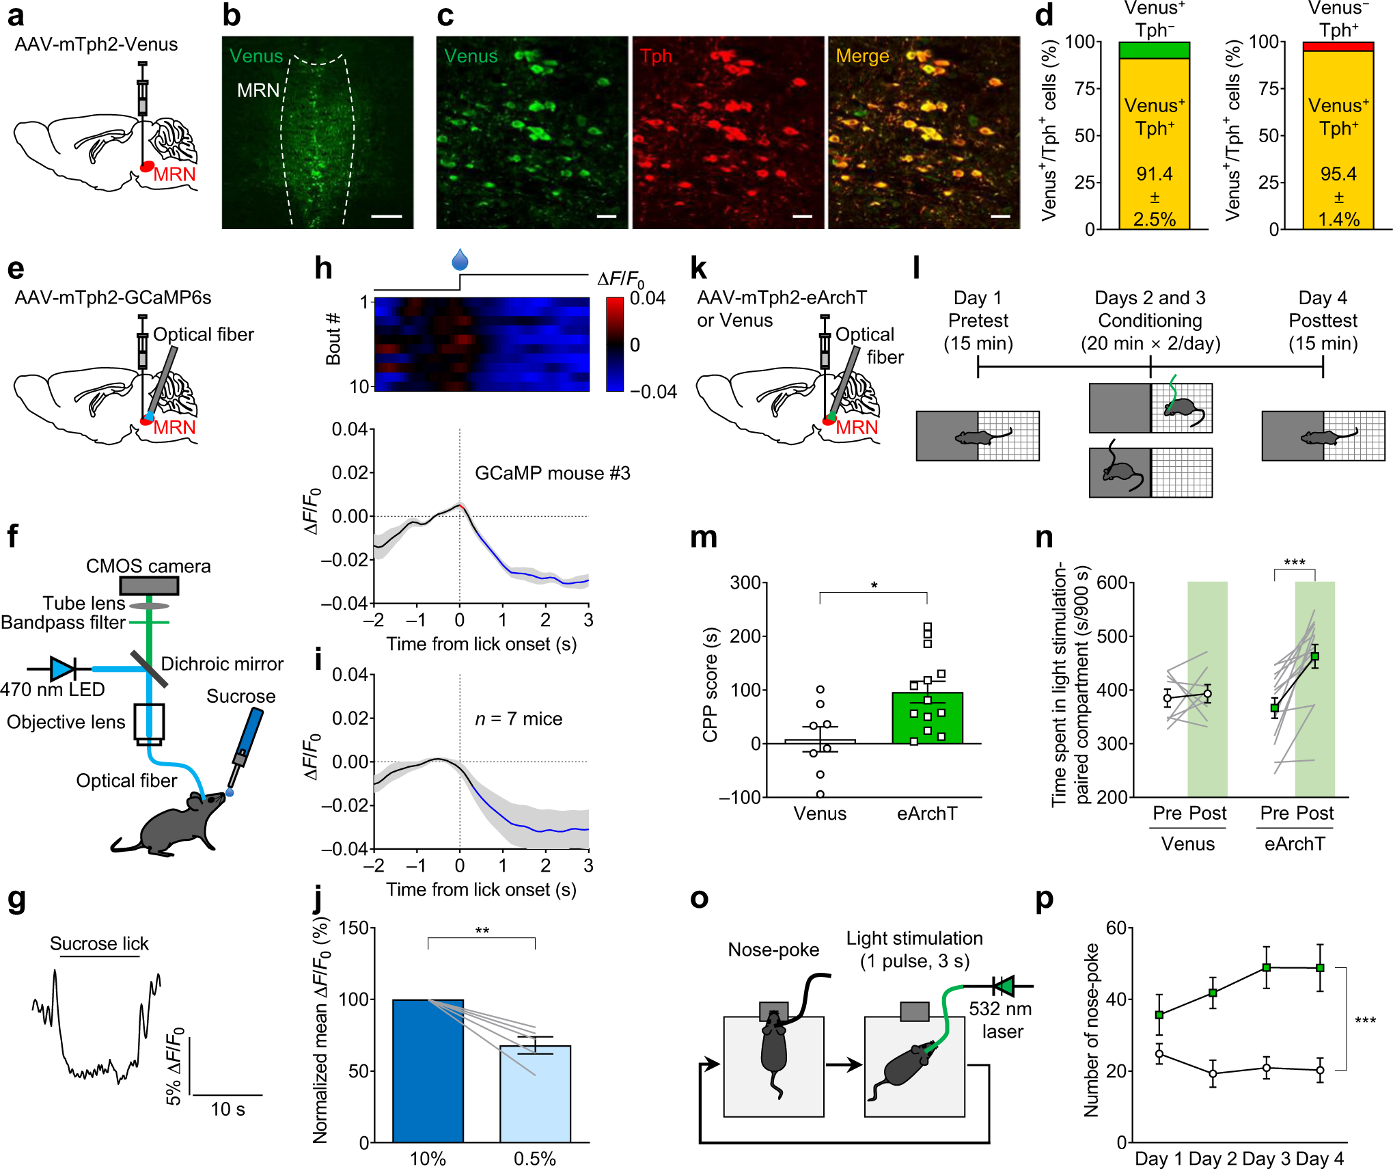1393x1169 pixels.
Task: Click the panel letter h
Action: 323,269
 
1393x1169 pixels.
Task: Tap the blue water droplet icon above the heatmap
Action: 460,260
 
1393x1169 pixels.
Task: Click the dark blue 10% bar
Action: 428,1070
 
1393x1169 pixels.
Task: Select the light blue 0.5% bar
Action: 535,1094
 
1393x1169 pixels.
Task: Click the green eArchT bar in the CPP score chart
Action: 927,718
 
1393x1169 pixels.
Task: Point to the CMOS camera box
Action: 149,586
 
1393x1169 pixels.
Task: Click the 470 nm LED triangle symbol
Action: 62,669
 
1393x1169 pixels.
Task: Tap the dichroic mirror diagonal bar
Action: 149,669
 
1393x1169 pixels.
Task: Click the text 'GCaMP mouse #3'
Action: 552,473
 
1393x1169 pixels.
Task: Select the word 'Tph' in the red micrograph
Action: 656,56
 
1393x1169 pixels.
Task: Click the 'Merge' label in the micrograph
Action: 862,56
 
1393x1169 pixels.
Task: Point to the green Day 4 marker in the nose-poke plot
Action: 1320,968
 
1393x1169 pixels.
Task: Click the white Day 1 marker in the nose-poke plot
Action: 1159,1054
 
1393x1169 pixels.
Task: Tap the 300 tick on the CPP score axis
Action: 745,583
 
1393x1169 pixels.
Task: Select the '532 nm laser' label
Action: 1001,1020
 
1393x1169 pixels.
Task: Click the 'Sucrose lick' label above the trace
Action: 99,943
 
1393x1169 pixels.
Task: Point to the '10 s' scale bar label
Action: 227,1109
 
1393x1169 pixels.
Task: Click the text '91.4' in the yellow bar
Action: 1154,174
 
